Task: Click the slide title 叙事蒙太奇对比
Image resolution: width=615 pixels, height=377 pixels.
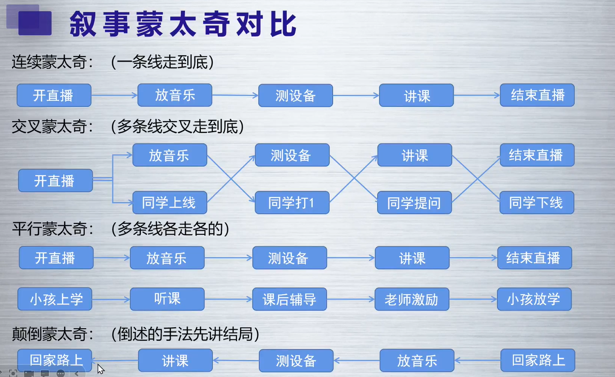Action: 183,24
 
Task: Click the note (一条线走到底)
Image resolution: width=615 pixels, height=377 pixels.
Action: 162,62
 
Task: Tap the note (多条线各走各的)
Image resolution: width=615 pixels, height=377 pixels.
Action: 170,229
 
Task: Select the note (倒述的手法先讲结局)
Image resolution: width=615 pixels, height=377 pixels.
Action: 185,334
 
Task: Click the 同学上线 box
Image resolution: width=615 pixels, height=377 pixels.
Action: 170,203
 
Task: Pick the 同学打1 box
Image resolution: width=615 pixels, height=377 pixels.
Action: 292,203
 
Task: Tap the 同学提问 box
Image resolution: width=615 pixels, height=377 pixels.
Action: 415,203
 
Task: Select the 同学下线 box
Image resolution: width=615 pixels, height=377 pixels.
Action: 537,203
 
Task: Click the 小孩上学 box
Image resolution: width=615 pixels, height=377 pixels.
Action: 55,299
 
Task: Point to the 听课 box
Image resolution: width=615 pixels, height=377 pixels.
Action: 167,299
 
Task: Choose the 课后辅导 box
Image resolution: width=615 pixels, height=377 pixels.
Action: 290,299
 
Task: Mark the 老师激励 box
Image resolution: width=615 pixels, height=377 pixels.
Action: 412,299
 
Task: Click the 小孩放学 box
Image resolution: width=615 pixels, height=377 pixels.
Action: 535,299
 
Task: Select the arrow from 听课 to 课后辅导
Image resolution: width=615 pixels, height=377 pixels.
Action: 228,299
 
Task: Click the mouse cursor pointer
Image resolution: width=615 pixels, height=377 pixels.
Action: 100,369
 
